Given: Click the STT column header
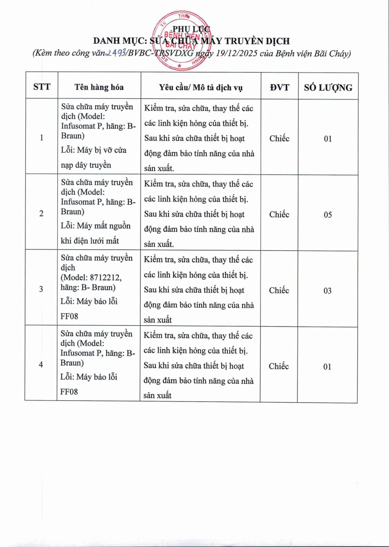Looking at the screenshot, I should pos(41,87).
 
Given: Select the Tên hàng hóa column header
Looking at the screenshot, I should pos(99,87).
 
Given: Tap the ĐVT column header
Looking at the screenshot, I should pos(279,87).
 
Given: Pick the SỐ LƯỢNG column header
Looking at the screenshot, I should pos(328,88).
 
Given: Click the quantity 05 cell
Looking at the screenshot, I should pos(328,215).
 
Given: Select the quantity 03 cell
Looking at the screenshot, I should pos(328,291).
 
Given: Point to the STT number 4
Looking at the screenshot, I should pos(41,366).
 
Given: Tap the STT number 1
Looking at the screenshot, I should pos(41,138).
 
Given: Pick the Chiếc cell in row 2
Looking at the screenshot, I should pos(279,214).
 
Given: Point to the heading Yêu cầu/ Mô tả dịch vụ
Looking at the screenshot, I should pos(201,88).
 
